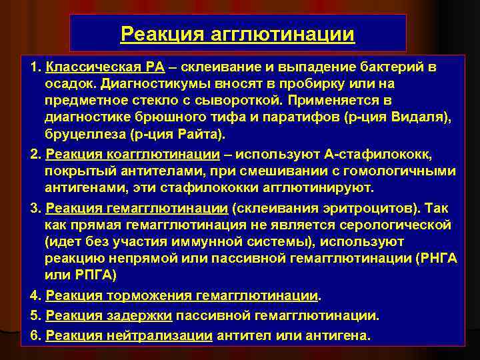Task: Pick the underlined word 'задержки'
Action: click(139, 315)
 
